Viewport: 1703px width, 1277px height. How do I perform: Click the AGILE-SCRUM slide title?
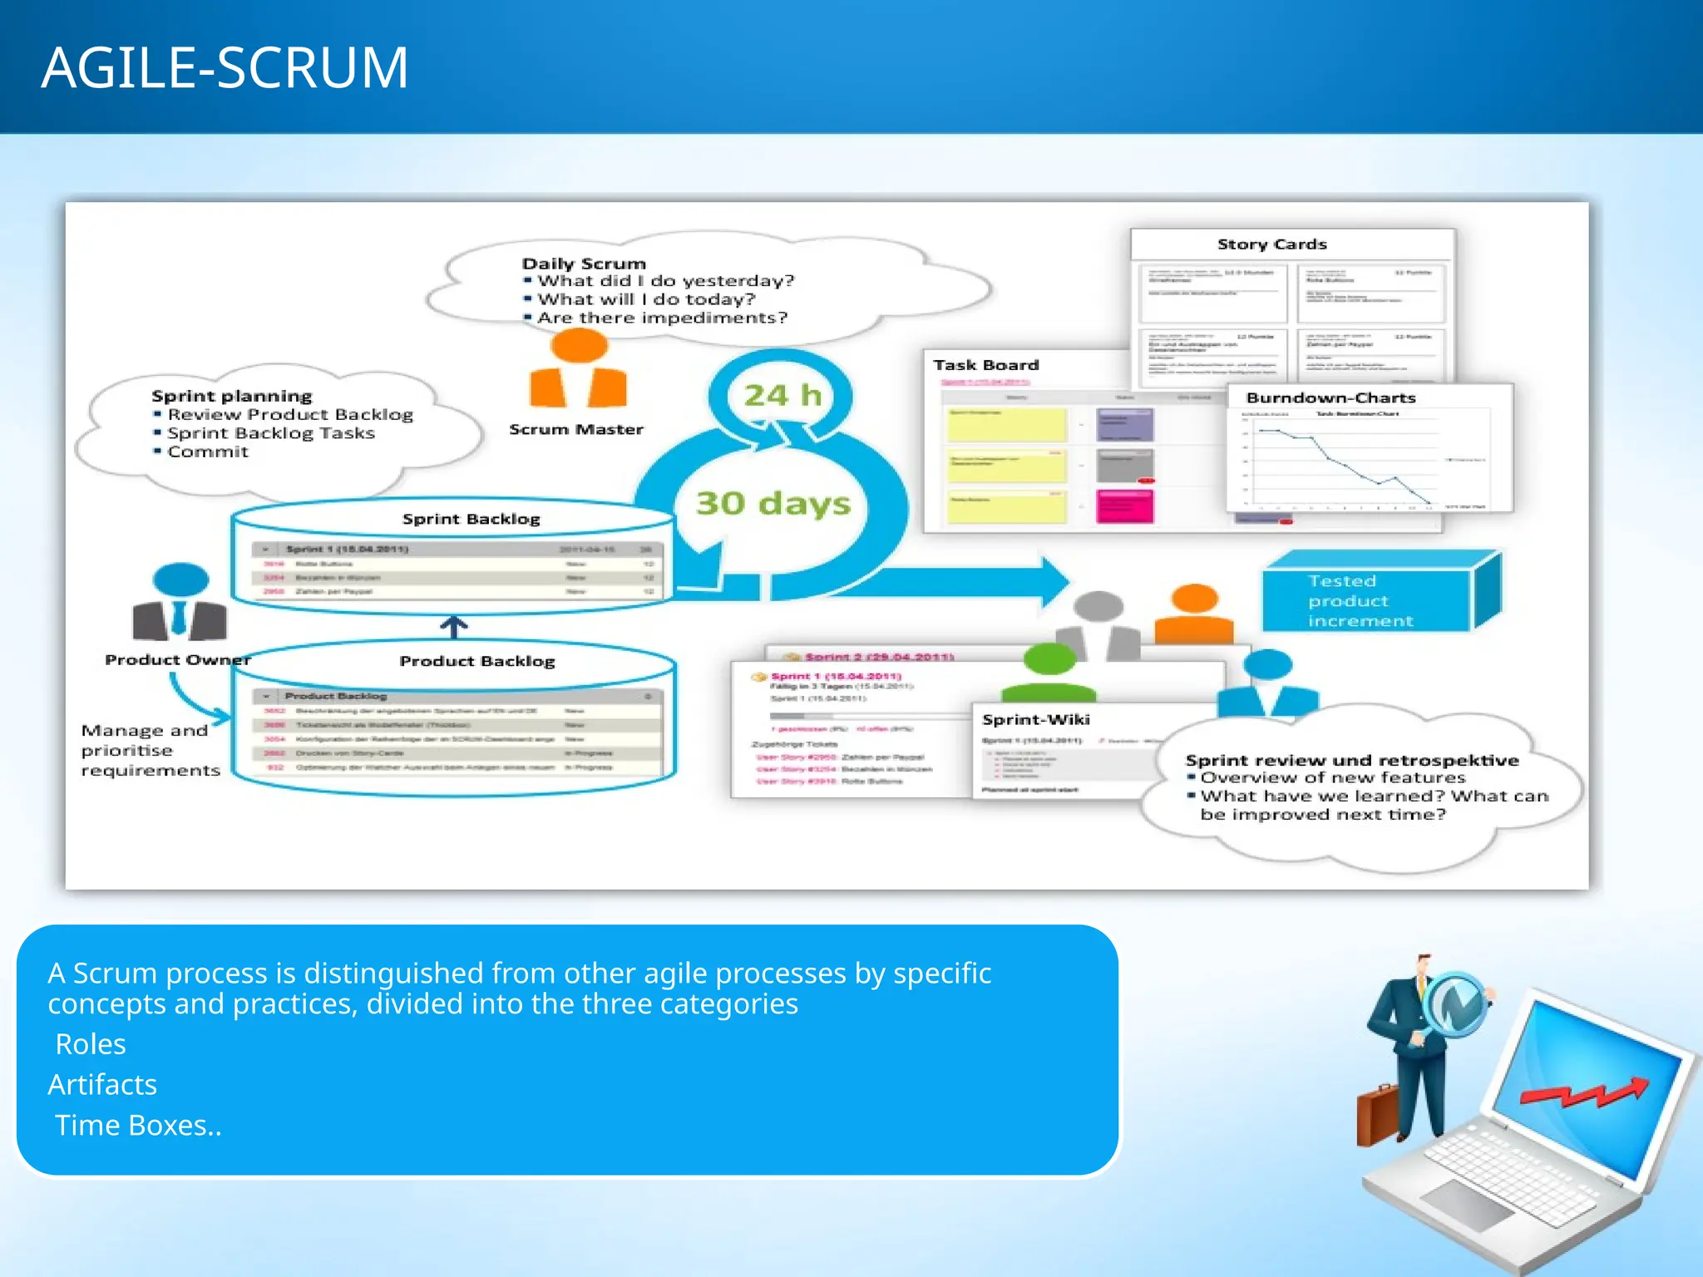(x=225, y=68)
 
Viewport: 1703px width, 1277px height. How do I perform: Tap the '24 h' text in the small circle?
(x=782, y=395)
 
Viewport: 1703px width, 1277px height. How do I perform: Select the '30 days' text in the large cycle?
(x=773, y=503)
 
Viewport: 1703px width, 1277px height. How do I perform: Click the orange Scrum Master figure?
(x=579, y=370)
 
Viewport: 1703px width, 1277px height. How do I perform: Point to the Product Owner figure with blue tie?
(x=180, y=603)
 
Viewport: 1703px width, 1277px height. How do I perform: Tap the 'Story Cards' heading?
(x=1271, y=244)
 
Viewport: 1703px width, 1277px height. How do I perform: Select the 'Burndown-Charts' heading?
(x=1330, y=398)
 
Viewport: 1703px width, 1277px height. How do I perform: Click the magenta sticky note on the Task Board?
(x=1124, y=506)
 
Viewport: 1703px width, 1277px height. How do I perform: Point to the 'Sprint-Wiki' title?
(x=1035, y=720)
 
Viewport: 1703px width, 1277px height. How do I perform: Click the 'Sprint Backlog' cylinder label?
(x=471, y=519)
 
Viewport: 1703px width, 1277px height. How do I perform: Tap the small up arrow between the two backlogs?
(x=453, y=627)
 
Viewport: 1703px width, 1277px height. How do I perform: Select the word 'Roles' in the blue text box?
(x=90, y=1044)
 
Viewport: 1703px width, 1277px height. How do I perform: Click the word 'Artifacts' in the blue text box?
(x=102, y=1085)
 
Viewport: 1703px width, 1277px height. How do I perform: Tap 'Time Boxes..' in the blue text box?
(x=138, y=1126)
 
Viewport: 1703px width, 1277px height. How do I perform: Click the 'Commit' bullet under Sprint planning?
(x=207, y=452)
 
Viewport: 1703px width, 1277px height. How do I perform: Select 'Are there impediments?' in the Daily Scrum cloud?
(x=661, y=318)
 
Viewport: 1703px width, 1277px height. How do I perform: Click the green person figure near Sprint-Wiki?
(x=1049, y=673)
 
